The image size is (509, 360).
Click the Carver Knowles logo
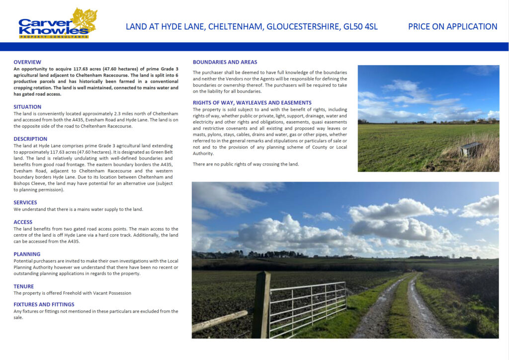tap(57, 24)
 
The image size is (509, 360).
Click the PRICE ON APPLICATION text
tap(452, 27)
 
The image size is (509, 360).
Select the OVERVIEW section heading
tap(27, 62)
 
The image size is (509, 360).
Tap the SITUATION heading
tap(27, 106)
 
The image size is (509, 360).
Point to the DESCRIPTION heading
tap(30, 139)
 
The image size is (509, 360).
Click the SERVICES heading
tap(25, 202)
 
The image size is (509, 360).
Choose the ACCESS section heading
tap(23, 222)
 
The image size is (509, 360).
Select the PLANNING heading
tap(27, 254)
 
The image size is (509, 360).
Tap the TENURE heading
tap(24, 286)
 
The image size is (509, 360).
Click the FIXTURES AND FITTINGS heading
tap(44, 304)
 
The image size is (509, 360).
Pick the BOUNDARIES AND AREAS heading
tap(225, 62)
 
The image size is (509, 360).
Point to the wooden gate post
tap(261, 303)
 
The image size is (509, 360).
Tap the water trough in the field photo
tap(470, 149)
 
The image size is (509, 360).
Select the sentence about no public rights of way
tap(246, 164)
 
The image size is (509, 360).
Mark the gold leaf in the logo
tap(84, 21)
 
